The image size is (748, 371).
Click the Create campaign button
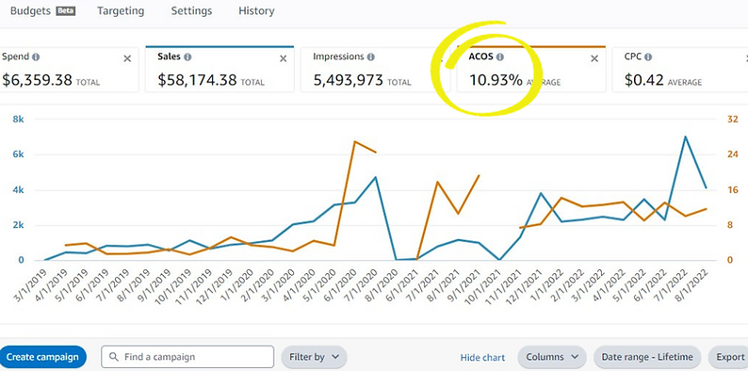click(42, 357)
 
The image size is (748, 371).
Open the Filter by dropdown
click(314, 357)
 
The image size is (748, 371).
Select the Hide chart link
click(482, 358)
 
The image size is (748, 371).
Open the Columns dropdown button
click(551, 357)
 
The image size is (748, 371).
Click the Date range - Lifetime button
click(647, 357)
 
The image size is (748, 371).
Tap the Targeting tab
click(120, 11)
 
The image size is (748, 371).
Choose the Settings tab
click(191, 11)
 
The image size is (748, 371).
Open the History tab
click(256, 11)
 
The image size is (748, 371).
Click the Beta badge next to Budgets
click(66, 11)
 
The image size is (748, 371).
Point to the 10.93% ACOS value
click(496, 80)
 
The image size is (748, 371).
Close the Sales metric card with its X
click(283, 58)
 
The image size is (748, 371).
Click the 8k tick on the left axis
click(18, 120)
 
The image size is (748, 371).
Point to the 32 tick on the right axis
click(731, 120)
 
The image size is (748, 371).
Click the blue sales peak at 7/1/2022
click(686, 137)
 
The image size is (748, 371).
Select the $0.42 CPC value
click(644, 80)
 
